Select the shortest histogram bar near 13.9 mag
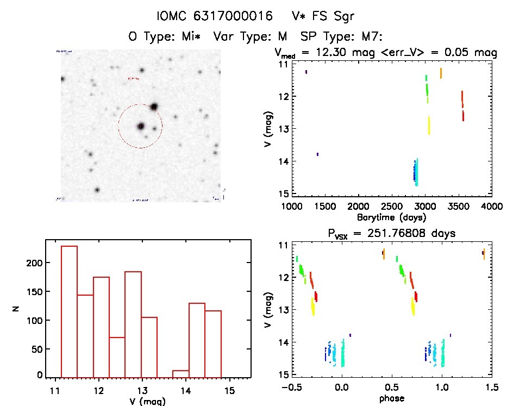coord(180,373)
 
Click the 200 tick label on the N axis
coord(34,263)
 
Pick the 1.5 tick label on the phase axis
coord(492,387)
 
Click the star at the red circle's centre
coord(141,126)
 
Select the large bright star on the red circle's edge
coord(154,107)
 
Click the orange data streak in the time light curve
coord(441,73)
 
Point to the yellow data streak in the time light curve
coord(429,126)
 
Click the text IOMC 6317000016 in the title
coord(214,17)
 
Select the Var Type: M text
coord(251,36)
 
